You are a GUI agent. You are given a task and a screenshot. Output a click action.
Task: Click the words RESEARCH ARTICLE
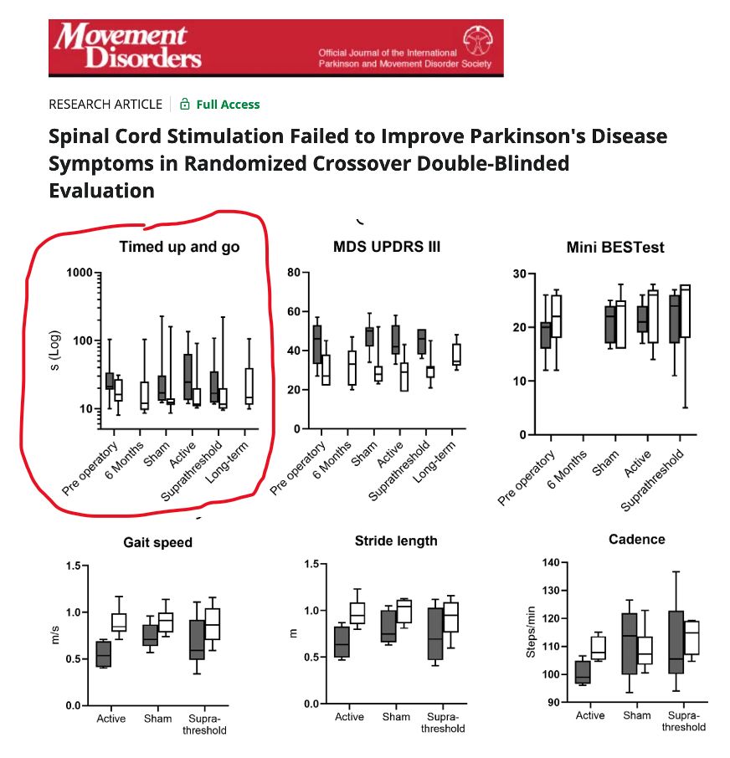(105, 105)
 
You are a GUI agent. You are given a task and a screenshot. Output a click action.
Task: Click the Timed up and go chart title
(179, 246)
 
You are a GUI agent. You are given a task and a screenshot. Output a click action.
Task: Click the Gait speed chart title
(157, 542)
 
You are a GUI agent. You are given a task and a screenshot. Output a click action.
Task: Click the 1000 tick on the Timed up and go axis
(80, 273)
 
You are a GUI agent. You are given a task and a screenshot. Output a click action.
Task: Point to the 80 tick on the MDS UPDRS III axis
(292, 273)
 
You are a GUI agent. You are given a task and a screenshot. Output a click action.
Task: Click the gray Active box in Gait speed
(104, 653)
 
